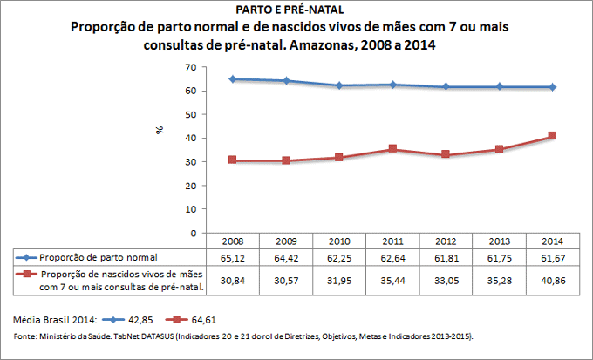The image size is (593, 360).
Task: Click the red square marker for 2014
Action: pos(552,136)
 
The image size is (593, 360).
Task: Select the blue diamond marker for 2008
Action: pos(233,79)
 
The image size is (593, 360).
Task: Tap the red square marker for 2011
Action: pos(392,149)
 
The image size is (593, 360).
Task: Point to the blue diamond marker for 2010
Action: pos(339,85)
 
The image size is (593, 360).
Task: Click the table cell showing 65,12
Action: pos(233,257)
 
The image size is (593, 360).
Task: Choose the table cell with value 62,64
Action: pos(392,257)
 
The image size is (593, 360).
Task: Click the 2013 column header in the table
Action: pos(499,241)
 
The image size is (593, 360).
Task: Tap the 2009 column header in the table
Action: pos(286,241)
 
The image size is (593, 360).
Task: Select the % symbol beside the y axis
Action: pos(160,130)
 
